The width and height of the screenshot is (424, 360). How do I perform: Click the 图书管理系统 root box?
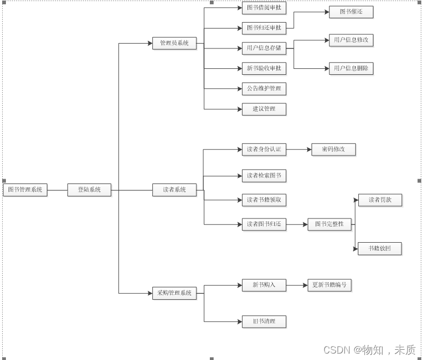click(25, 190)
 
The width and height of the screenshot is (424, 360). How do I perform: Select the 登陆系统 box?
click(89, 190)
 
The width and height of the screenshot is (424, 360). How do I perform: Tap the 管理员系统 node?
click(174, 44)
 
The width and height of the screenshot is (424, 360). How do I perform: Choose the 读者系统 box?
click(174, 190)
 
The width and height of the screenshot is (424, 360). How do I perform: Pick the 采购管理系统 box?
click(174, 293)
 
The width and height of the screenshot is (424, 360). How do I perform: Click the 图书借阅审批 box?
click(264, 8)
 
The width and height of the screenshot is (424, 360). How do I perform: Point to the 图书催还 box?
click(351, 12)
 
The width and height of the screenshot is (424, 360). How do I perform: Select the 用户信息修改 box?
click(351, 40)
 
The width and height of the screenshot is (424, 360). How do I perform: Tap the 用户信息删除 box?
click(351, 68)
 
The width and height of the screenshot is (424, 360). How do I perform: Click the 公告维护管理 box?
click(264, 88)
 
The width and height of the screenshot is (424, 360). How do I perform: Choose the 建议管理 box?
click(264, 109)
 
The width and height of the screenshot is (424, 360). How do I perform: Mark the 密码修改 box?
click(334, 149)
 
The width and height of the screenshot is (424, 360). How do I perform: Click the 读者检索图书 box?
click(264, 175)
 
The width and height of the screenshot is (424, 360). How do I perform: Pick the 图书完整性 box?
click(329, 224)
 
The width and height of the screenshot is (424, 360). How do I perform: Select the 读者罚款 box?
click(380, 200)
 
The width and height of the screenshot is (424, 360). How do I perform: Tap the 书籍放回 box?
click(380, 249)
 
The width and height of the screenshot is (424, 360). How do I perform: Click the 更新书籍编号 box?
click(329, 285)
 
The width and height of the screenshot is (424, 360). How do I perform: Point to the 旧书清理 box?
click(264, 322)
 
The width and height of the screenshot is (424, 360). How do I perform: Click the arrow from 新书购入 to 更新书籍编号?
click(296, 285)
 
